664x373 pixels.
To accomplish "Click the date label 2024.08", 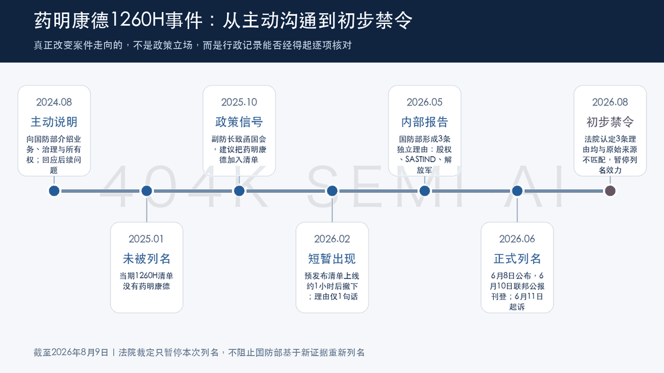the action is (x=54, y=102).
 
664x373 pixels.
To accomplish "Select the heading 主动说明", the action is (x=54, y=122).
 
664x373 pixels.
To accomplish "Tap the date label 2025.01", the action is (x=146, y=239).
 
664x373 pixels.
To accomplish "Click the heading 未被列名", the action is (x=147, y=259).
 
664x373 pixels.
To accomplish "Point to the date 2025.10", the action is (x=239, y=102).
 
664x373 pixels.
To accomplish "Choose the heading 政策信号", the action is (x=239, y=122).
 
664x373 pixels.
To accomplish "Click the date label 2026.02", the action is (x=332, y=239).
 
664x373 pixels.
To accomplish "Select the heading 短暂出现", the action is (x=332, y=259).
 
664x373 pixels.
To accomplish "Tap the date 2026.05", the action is (x=424, y=102).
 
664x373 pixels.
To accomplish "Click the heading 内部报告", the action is (x=424, y=122).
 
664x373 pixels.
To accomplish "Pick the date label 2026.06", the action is (x=517, y=239).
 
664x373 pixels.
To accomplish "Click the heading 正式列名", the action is (x=517, y=259).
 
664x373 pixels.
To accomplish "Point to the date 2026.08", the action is (x=610, y=102).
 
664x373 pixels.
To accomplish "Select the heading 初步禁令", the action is (x=610, y=122).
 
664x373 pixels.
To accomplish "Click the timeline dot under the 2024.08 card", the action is (x=54, y=191).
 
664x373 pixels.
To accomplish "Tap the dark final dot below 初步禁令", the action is (x=610, y=191).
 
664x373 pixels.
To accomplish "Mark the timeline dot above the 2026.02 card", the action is (x=332, y=191).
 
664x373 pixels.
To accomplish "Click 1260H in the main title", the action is (x=138, y=20).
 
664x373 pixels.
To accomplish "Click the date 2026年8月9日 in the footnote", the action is (x=80, y=353).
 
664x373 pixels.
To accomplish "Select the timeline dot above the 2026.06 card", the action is (x=517, y=191).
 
